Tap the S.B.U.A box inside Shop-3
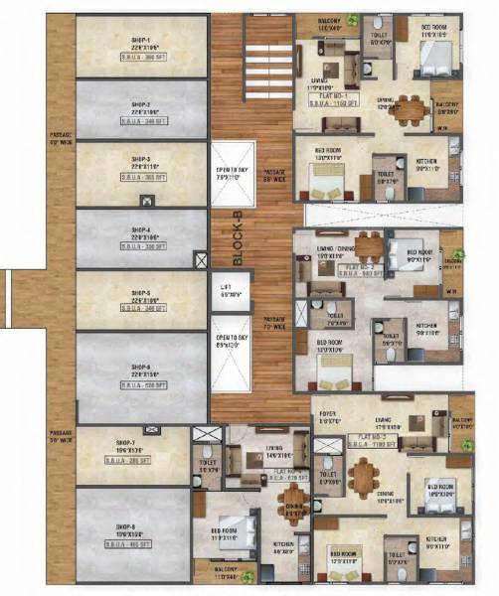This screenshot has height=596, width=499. click(x=139, y=176)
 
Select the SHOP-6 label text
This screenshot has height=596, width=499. click(x=139, y=366)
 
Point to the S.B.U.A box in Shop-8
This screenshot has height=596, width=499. click(x=132, y=543)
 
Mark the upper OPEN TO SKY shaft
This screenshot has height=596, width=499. click(x=234, y=174)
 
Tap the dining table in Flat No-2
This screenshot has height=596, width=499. click(x=369, y=243)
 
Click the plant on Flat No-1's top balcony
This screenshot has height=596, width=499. click(x=353, y=21)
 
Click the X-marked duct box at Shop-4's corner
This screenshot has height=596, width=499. click(x=202, y=259)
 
